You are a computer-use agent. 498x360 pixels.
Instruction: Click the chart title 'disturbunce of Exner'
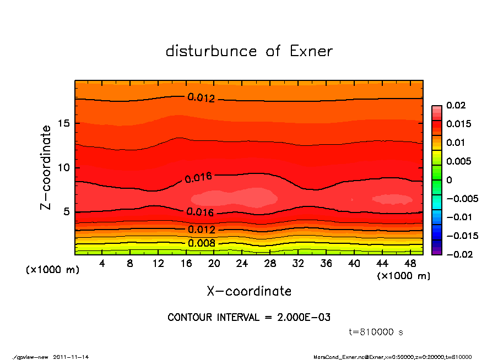pyautogui.click(x=249, y=52)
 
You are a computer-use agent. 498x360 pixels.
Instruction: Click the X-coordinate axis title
pyautogui.click(x=249, y=291)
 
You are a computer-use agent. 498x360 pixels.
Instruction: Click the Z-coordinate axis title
pyautogui.click(x=46, y=167)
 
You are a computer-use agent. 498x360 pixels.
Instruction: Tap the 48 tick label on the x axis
pyautogui.click(x=410, y=264)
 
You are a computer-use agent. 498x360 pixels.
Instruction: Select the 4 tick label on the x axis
pyautogui.click(x=102, y=264)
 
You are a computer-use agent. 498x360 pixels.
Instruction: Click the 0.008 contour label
pyautogui.click(x=202, y=243)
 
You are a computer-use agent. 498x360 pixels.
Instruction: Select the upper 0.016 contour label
pyautogui.click(x=198, y=177)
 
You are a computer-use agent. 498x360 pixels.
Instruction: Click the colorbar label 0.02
pyautogui.click(x=455, y=105)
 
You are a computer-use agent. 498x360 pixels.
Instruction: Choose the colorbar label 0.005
pyautogui.click(x=457, y=161)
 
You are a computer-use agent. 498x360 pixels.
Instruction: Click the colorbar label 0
pyautogui.click(x=449, y=180)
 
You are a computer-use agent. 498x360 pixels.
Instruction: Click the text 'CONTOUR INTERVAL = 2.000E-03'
pyautogui.click(x=249, y=318)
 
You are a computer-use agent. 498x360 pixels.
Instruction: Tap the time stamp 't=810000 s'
pyautogui.click(x=377, y=332)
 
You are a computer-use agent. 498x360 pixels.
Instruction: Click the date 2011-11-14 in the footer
pyautogui.click(x=71, y=357)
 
